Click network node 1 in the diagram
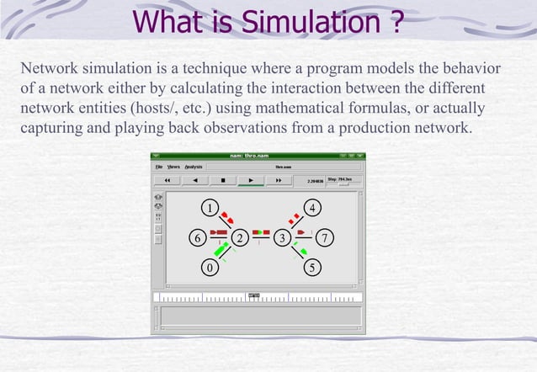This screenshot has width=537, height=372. [210, 207]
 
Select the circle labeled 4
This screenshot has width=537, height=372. [313, 207]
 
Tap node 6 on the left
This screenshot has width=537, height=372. [197, 238]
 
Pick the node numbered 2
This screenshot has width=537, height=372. [240, 238]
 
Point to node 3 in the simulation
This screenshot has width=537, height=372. [283, 238]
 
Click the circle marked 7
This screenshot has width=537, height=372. [326, 238]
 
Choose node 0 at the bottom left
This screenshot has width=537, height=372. [210, 268]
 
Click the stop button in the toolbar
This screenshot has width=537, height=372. [222, 180]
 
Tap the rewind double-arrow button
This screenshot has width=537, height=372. [167, 180]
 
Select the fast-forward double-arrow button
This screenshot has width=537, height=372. [278, 180]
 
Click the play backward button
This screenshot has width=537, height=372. [195, 180]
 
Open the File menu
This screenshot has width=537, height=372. [158, 167]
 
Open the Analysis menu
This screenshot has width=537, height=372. [193, 167]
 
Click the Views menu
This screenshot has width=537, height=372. [173, 167]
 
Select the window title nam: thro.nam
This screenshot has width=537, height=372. [249, 156]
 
